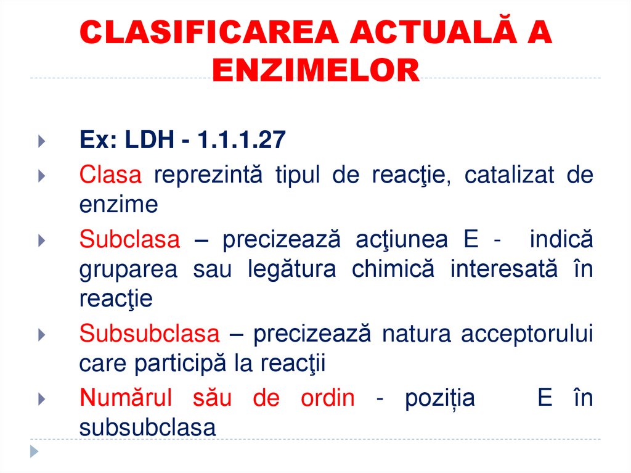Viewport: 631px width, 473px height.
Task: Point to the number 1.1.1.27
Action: click(242, 141)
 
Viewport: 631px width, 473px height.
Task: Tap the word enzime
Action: click(118, 204)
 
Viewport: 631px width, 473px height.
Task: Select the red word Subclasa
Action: click(129, 239)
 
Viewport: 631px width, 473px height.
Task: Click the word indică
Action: click(561, 239)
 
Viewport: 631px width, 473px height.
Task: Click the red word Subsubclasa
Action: click(149, 334)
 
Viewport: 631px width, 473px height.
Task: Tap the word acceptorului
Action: click(527, 334)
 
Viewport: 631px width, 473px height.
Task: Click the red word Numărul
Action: click(126, 398)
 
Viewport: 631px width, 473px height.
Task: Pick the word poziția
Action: click(440, 398)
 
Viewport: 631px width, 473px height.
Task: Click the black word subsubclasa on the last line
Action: click(148, 427)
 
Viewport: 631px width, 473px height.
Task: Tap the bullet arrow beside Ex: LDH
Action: click(41, 141)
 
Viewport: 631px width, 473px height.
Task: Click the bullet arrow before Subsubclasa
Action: click(41, 334)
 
